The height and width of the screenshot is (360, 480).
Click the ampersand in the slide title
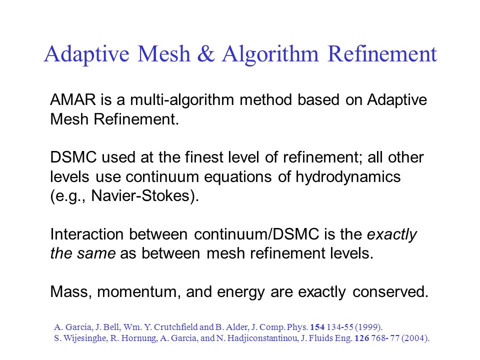point(206,54)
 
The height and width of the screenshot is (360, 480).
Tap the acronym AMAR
point(73,100)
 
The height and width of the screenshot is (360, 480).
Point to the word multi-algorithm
point(182,100)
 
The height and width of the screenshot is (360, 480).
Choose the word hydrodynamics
point(348,177)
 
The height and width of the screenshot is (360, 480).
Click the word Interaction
point(86,234)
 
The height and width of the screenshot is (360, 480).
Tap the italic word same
point(96,254)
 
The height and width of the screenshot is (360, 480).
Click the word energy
point(240,292)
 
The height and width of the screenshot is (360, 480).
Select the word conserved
point(390,291)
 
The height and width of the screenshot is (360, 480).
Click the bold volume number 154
point(317,327)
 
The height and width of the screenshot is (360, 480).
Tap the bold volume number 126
point(361,338)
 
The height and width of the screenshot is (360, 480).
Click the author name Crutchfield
point(175,327)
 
